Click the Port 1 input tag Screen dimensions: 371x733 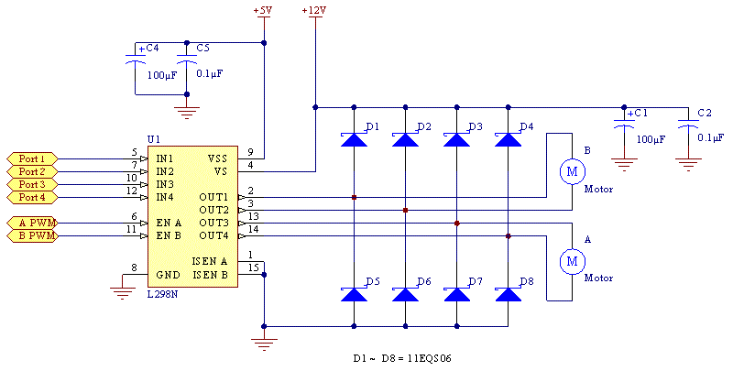coord(32,158)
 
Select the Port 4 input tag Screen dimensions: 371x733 coord(32,197)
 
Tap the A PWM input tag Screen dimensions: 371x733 coord(32,223)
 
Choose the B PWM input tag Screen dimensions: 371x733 coord(32,235)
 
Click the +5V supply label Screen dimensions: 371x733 coord(263,11)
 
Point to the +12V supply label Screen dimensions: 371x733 coord(313,11)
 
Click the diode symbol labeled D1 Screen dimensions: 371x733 coord(354,140)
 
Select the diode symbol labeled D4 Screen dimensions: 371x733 coord(508,140)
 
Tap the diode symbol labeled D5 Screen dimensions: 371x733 coord(354,295)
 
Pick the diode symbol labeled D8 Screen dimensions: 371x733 coord(508,295)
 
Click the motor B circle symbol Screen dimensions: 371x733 coord(572,170)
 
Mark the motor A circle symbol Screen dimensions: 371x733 coord(572,262)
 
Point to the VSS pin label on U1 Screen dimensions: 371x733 coord(216,158)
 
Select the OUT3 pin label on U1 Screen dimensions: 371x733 coord(213,223)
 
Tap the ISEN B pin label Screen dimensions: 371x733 coord(209,274)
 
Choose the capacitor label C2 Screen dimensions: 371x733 coord(704,113)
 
